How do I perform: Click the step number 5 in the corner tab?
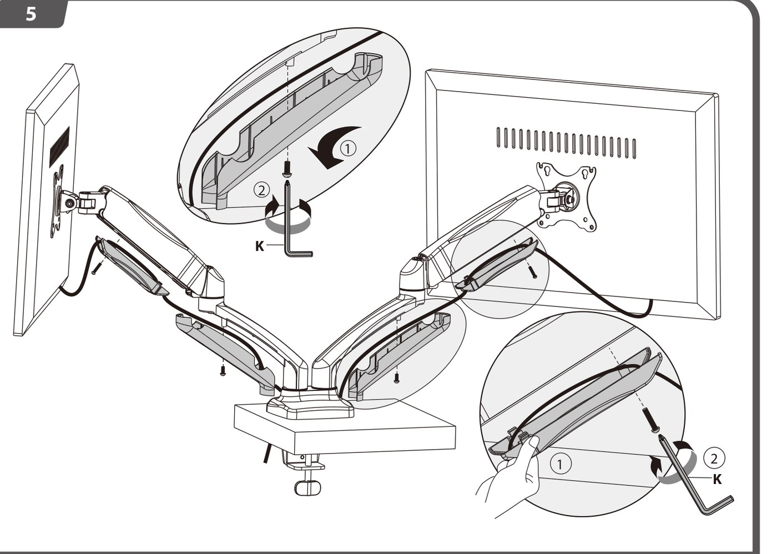(31, 14)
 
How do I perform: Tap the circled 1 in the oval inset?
(349, 148)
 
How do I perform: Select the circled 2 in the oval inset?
(261, 190)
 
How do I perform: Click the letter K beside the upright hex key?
(260, 246)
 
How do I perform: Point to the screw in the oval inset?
(287, 169)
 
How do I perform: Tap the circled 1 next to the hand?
(560, 464)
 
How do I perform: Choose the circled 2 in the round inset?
(714, 459)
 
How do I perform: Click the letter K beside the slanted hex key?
(717, 480)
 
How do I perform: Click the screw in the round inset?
(650, 420)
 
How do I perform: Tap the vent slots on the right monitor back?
(566, 143)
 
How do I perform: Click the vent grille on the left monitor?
(60, 147)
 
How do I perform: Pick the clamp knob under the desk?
(307, 488)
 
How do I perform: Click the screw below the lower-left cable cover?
(223, 371)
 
